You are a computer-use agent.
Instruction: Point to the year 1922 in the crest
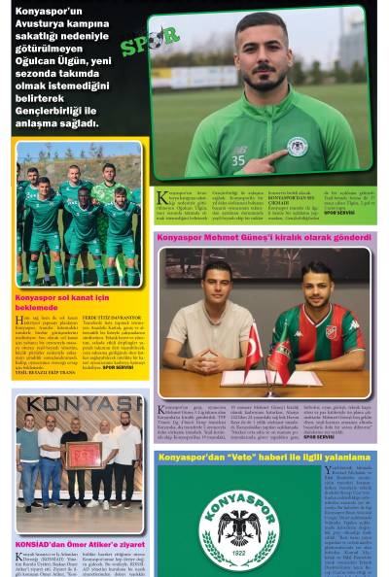237,558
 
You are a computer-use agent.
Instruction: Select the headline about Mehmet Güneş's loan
265,237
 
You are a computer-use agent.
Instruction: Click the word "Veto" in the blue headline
248,456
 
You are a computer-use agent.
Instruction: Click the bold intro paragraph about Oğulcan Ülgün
57,68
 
